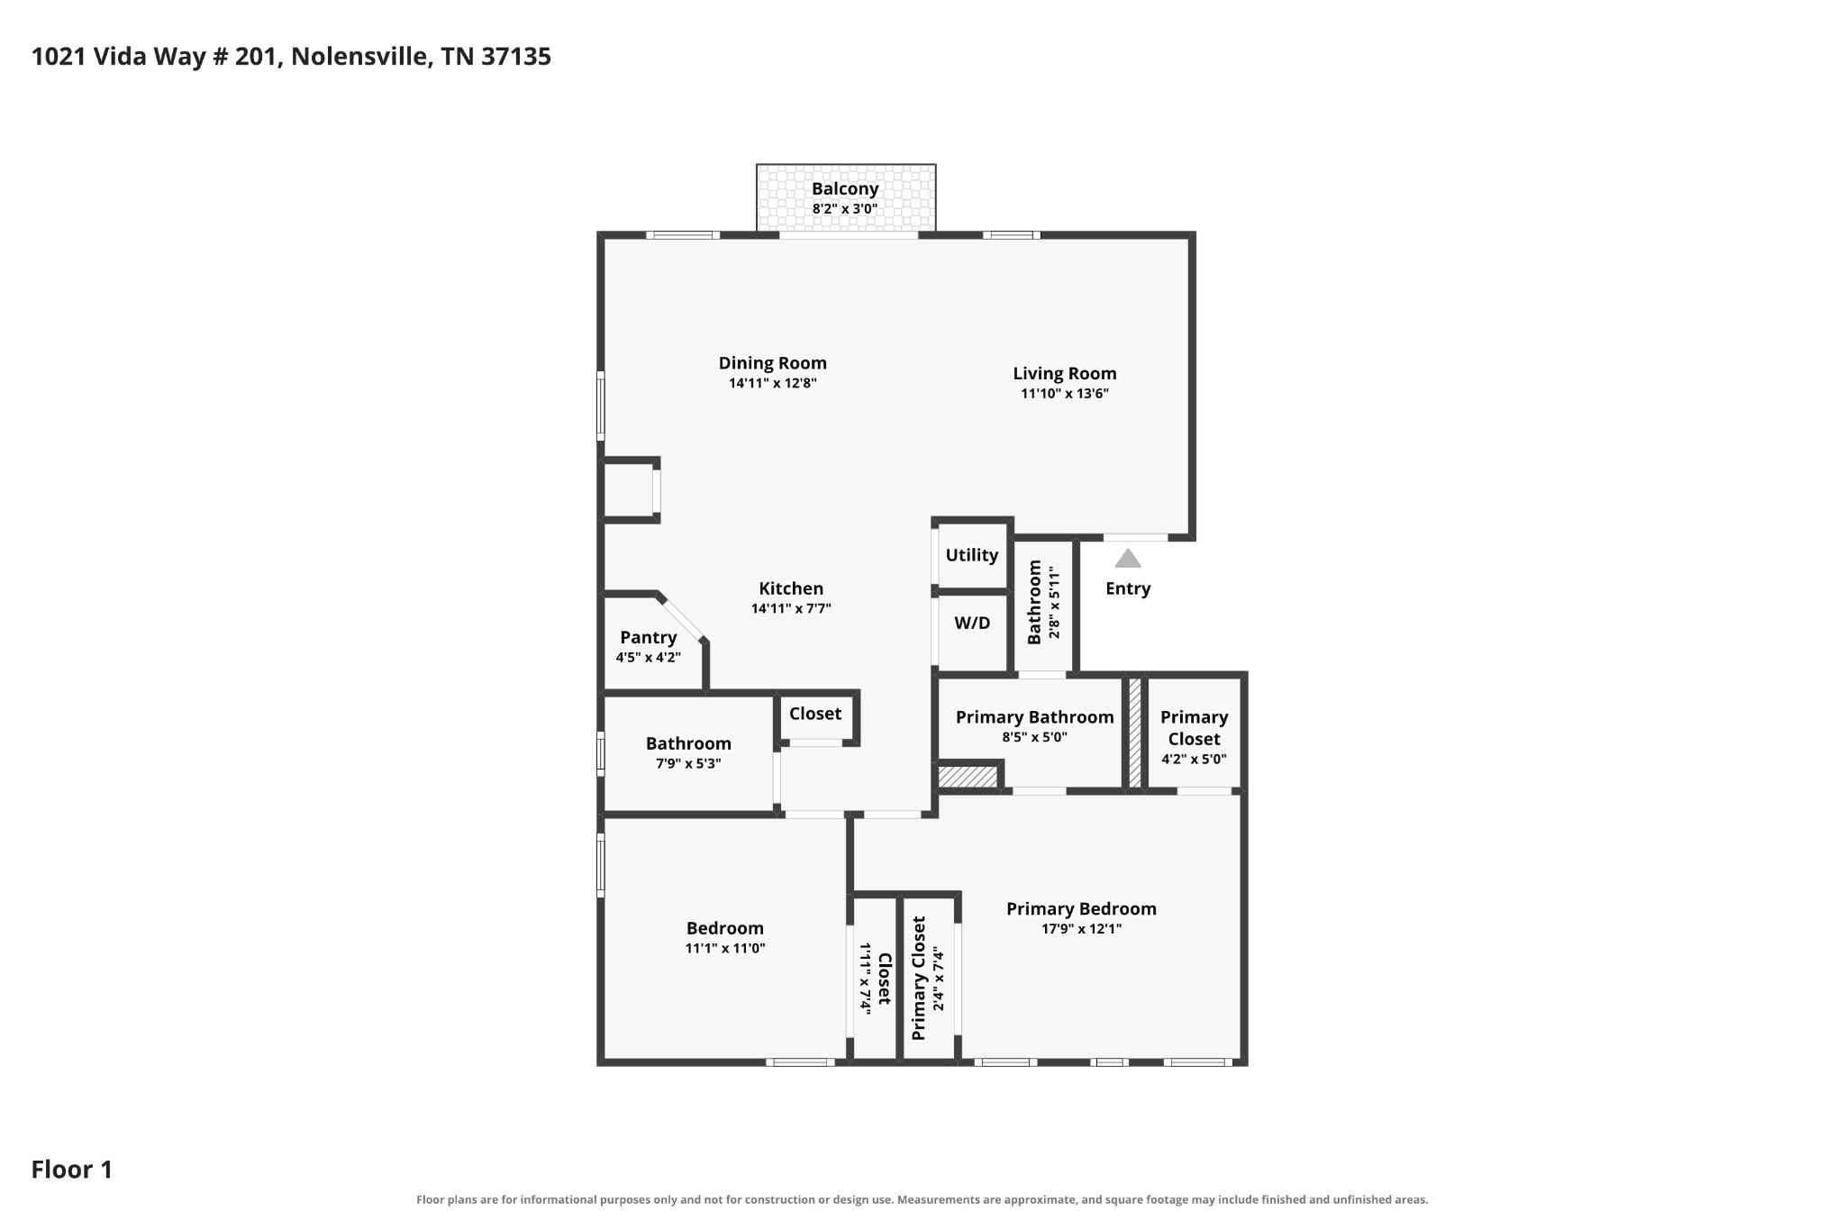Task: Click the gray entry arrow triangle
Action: (1128, 559)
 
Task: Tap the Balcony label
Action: (845, 189)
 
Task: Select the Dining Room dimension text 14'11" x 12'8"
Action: (773, 383)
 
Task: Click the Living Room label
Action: (1065, 373)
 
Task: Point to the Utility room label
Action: (972, 555)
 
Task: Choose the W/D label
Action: (972, 623)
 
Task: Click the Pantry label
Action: (649, 638)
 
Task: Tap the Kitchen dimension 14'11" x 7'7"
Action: (791, 608)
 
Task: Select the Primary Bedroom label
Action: (1081, 908)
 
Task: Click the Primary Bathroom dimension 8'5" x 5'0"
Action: (1034, 737)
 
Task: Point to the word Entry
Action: (1128, 588)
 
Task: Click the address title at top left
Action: (291, 57)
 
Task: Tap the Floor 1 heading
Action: (72, 1170)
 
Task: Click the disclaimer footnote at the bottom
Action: (922, 1199)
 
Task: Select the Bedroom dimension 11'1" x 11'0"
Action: (725, 948)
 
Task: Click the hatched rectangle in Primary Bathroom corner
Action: (968, 777)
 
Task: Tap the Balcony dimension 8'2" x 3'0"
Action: (845, 209)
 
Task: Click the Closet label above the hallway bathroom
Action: (815, 714)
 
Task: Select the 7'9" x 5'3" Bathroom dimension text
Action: (688, 764)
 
